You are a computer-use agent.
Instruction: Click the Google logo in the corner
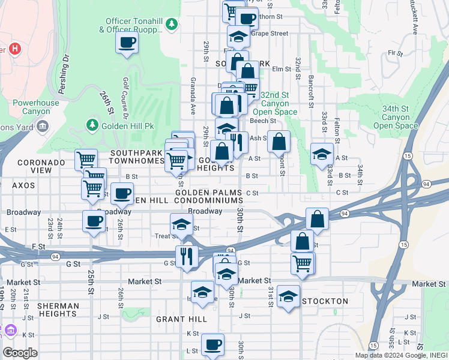(x=20, y=353)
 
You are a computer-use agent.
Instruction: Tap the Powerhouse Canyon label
(x=36, y=107)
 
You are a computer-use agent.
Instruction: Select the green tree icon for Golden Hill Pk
(x=92, y=125)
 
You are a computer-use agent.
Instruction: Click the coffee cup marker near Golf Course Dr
(x=127, y=43)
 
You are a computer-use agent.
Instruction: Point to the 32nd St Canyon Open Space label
(x=274, y=103)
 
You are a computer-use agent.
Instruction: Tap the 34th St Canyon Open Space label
(x=396, y=117)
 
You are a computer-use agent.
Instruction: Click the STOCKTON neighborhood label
(x=324, y=301)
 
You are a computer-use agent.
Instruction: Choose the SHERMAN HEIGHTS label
(x=58, y=310)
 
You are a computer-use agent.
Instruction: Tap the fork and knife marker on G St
(x=187, y=256)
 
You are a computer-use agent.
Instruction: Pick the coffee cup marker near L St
(x=212, y=345)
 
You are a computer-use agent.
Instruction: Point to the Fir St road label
(x=395, y=53)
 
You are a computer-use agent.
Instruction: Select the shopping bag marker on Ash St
(x=279, y=142)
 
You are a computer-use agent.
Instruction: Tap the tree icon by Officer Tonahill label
(x=172, y=24)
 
